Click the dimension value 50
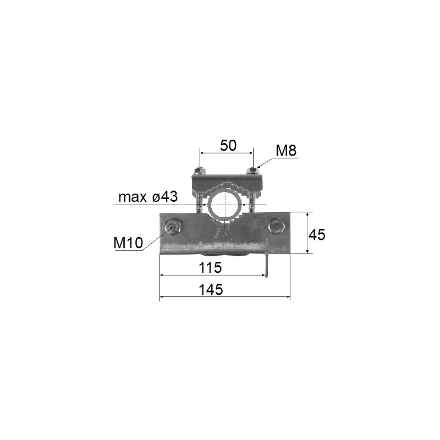(x=228, y=146)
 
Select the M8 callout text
(x=286, y=151)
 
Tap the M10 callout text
(x=128, y=243)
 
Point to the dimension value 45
(x=317, y=234)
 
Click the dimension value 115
(x=210, y=268)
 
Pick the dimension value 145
(x=211, y=290)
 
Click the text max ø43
(x=148, y=197)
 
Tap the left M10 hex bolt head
(x=173, y=227)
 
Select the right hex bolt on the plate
(x=277, y=226)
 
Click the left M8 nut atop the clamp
(x=199, y=171)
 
